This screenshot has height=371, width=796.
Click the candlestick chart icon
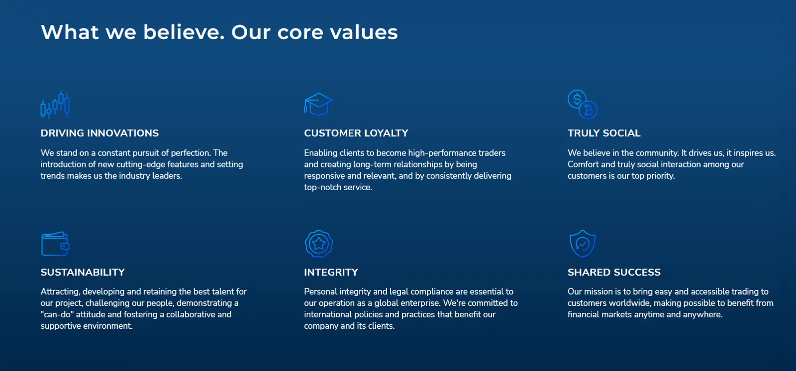click(x=55, y=104)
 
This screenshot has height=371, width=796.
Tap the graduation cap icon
click(x=318, y=104)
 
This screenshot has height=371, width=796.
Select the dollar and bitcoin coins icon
click(x=583, y=104)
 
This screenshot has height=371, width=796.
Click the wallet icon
click(x=55, y=244)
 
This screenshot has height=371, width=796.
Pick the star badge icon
click(x=319, y=244)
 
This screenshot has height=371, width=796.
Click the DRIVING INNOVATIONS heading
click(x=99, y=133)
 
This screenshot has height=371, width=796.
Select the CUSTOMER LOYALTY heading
click(x=356, y=133)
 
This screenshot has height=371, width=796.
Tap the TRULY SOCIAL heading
click(x=604, y=133)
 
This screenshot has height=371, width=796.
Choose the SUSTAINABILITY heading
click(x=83, y=272)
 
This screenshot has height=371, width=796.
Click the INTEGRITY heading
click(x=331, y=272)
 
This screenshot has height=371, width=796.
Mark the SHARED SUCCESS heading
click(x=614, y=272)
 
